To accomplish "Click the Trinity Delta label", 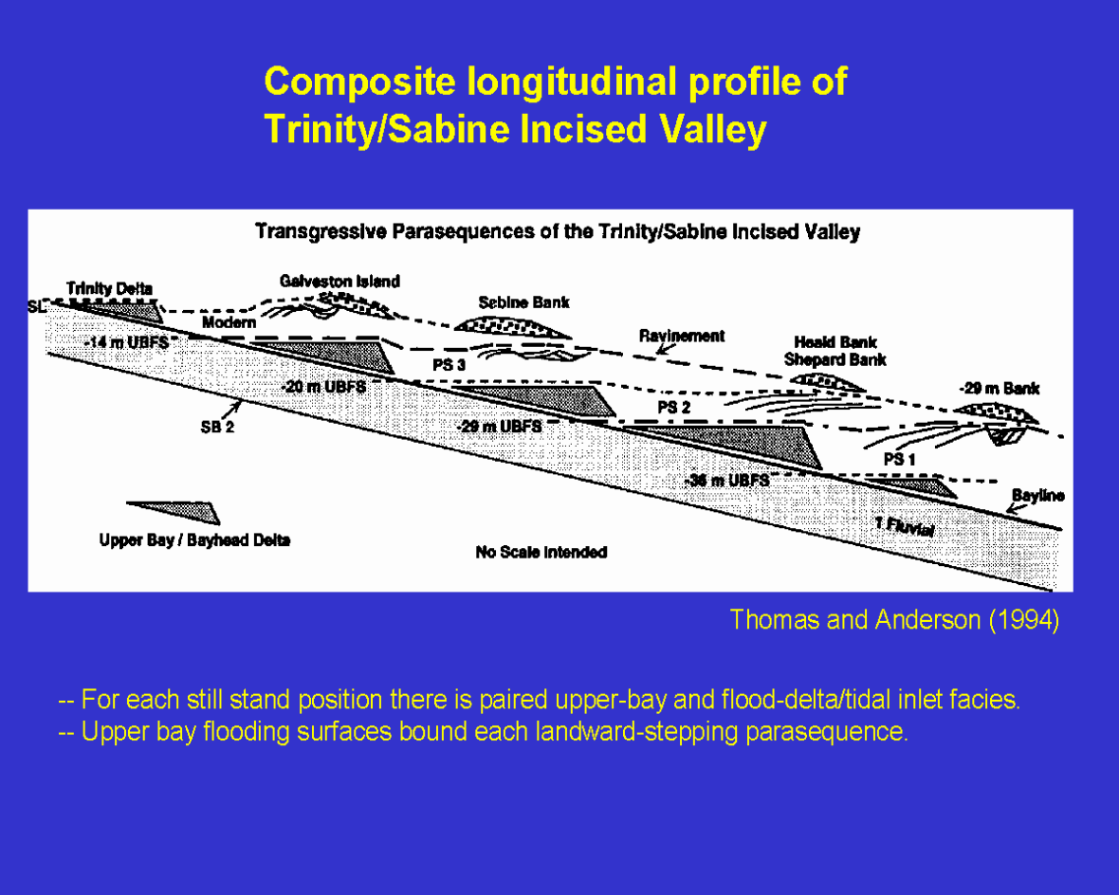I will point(110,288).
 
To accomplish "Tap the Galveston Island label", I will point(339,282).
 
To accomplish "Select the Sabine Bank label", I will point(523,302).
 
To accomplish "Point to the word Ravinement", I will point(682,336).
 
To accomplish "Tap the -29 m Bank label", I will point(1000,389).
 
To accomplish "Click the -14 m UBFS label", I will point(125,342).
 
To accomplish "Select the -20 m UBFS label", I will point(324,387).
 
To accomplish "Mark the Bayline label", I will point(1037,496).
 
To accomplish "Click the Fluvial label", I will point(906,528).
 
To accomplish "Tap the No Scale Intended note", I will point(541,552).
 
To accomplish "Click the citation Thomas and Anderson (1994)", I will point(894,620).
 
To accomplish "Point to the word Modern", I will point(229,323).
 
